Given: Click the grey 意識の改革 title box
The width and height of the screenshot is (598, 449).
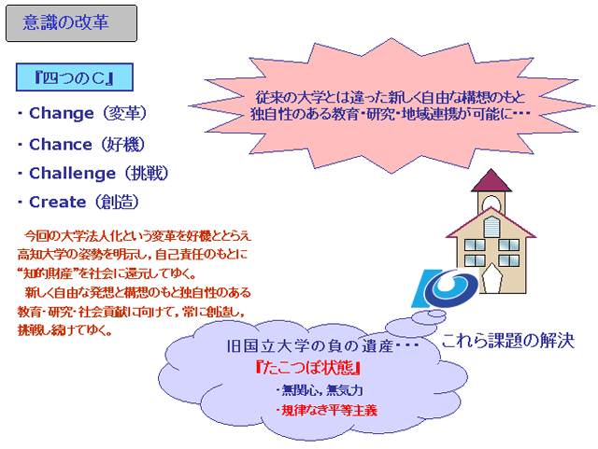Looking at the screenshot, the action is [71, 22].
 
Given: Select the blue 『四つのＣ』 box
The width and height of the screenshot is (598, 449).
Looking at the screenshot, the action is [75, 77].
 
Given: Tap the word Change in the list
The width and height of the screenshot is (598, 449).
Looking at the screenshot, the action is [62, 113].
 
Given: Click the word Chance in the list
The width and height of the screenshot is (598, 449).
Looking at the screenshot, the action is [61, 145].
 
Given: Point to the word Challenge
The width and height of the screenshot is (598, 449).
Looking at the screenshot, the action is [73, 174].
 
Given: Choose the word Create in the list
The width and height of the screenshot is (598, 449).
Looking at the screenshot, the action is [58, 202].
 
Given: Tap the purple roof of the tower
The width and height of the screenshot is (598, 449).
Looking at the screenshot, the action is [491, 181].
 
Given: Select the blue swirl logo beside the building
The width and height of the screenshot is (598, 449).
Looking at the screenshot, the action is [445, 288].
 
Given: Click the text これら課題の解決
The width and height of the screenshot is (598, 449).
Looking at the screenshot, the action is [508, 341].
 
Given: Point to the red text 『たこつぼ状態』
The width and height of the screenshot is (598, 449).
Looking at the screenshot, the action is [308, 368].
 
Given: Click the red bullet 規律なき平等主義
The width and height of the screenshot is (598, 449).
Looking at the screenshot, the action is [327, 411].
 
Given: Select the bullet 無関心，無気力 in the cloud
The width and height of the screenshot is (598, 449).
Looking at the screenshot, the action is [320, 390].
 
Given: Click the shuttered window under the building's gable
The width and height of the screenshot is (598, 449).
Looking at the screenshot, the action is [491, 227].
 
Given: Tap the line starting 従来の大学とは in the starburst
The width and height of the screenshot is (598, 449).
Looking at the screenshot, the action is [391, 98].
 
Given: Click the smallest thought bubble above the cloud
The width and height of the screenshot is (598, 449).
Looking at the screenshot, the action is [437, 314].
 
